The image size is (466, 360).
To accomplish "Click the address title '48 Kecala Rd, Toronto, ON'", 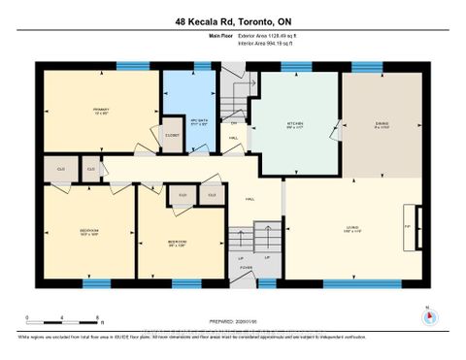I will (232, 20).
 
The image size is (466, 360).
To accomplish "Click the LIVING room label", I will (350, 229).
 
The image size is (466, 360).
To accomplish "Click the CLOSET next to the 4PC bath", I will (173, 136).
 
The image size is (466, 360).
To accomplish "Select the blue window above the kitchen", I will (292, 66).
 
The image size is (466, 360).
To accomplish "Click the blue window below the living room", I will (348, 284).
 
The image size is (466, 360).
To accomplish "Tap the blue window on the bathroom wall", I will (202, 66).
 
